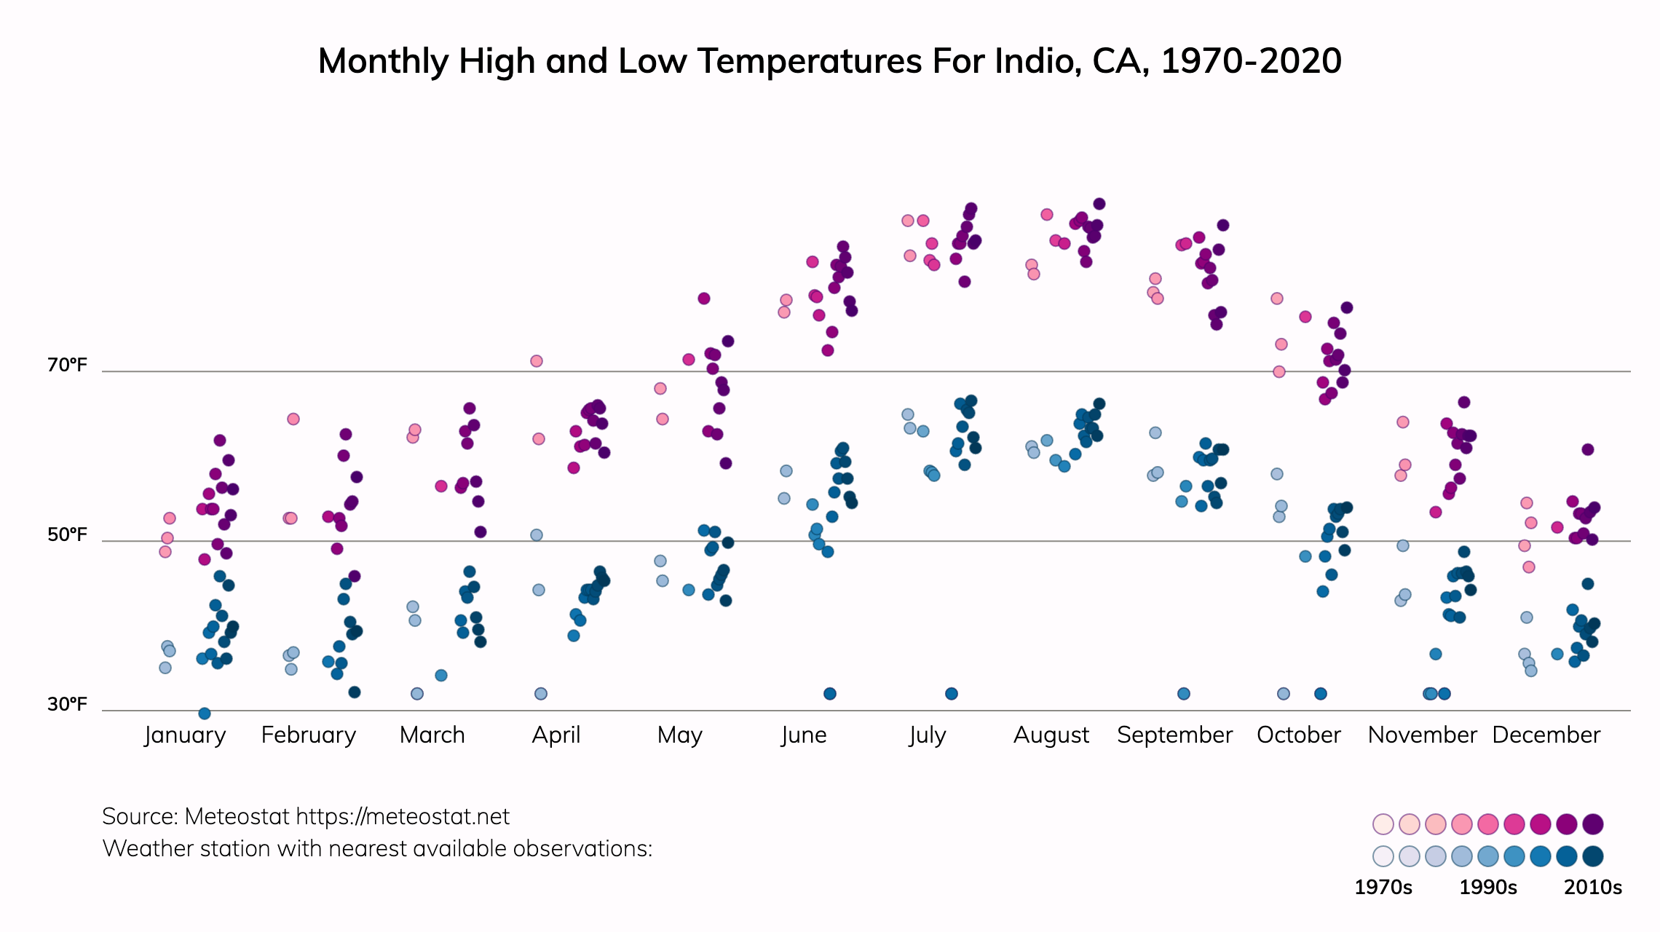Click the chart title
click(x=829, y=61)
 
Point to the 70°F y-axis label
click(x=67, y=365)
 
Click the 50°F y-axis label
click(x=67, y=534)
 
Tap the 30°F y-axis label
click(x=67, y=704)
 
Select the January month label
click(x=185, y=735)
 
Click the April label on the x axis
click(x=556, y=735)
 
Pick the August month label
click(x=1051, y=735)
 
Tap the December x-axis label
click(x=1546, y=735)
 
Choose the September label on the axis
click(x=1175, y=735)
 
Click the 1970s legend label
click(x=1383, y=888)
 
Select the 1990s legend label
click(x=1488, y=888)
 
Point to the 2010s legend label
click(x=1593, y=888)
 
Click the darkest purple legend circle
click(x=1593, y=824)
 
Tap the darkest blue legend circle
click(x=1593, y=856)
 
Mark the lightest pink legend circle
click(x=1383, y=824)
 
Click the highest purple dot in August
click(x=1099, y=204)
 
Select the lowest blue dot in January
click(x=205, y=714)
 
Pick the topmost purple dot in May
click(x=704, y=299)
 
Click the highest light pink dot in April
click(x=537, y=361)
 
